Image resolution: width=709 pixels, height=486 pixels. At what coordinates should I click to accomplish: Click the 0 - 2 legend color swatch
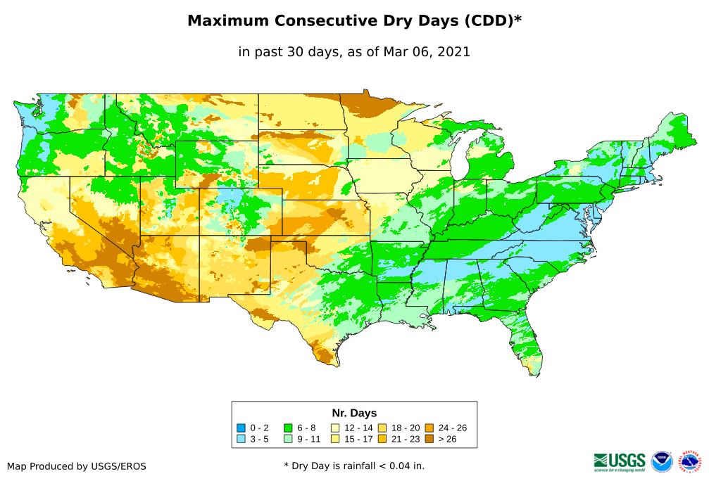point(241,428)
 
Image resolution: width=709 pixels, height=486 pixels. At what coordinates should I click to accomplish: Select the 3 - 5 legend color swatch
point(241,439)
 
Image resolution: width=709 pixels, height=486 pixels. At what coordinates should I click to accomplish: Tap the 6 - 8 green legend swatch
point(288,428)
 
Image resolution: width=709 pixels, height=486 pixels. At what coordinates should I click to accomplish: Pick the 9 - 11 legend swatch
point(288,439)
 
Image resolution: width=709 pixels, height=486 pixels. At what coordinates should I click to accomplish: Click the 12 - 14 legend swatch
point(335,428)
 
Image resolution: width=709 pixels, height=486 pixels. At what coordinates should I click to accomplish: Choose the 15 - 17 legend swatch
point(335,439)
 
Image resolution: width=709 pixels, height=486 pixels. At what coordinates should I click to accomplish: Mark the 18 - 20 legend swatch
point(382,428)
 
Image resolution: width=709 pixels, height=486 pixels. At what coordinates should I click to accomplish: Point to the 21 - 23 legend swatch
point(382,439)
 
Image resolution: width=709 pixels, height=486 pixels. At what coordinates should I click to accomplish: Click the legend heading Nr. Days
point(354,413)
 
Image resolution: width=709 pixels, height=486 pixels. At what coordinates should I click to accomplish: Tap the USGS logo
point(620,461)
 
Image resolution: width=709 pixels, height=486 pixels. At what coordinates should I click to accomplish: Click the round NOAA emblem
point(662,462)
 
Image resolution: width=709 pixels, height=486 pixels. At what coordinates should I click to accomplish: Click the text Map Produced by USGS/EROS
point(77,466)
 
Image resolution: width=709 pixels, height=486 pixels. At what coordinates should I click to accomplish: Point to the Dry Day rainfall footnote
point(354,466)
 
